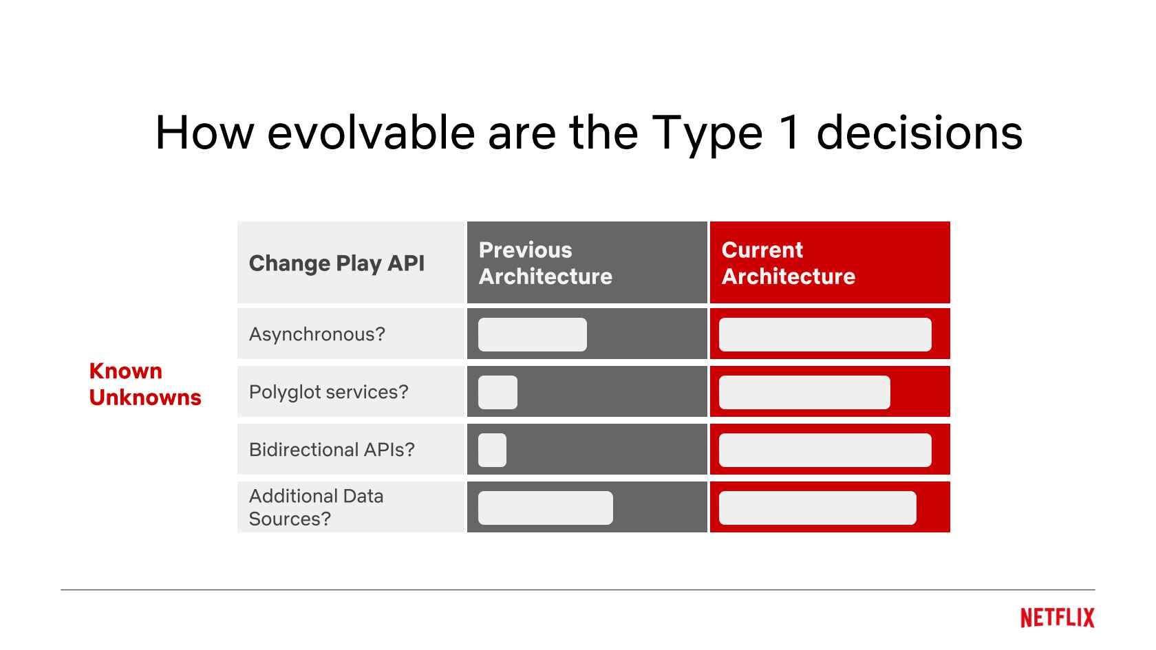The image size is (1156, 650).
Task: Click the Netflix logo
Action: tap(1058, 618)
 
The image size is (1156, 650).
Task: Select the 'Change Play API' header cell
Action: tap(336, 263)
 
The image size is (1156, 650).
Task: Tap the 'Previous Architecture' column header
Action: tap(546, 263)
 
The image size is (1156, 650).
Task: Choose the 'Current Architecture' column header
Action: tap(788, 263)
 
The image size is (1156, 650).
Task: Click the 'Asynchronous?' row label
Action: tap(317, 334)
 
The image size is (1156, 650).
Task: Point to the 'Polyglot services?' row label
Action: tap(328, 392)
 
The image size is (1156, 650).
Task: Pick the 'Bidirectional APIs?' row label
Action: tap(332, 449)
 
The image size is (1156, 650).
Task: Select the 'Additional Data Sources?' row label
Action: tap(316, 507)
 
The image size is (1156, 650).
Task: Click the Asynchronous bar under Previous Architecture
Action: tap(532, 334)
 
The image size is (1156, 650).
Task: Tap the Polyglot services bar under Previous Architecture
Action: tap(497, 392)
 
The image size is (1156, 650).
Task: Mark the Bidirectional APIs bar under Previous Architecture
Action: tap(492, 450)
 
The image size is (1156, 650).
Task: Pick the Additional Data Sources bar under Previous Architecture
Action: tap(546, 508)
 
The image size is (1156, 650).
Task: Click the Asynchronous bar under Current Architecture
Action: tap(824, 334)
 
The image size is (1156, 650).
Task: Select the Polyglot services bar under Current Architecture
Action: tap(804, 392)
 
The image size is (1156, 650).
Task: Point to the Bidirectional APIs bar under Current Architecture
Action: tap(824, 450)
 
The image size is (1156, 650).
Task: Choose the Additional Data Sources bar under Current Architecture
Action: tap(817, 508)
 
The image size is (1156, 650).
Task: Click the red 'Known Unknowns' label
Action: tap(145, 384)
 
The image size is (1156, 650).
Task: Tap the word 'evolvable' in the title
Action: tap(370, 133)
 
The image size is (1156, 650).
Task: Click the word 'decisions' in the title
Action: tap(919, 133)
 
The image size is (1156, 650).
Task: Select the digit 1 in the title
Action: tap(790, 133)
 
